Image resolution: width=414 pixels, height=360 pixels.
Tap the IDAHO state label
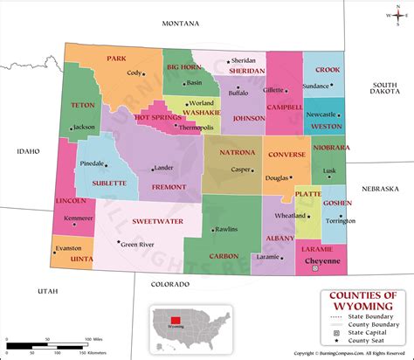28,151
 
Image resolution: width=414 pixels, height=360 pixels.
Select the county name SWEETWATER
158,222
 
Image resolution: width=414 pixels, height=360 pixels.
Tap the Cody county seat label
134,73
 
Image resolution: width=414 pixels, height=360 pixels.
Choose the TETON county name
83,105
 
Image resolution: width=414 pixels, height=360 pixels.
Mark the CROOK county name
327,69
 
